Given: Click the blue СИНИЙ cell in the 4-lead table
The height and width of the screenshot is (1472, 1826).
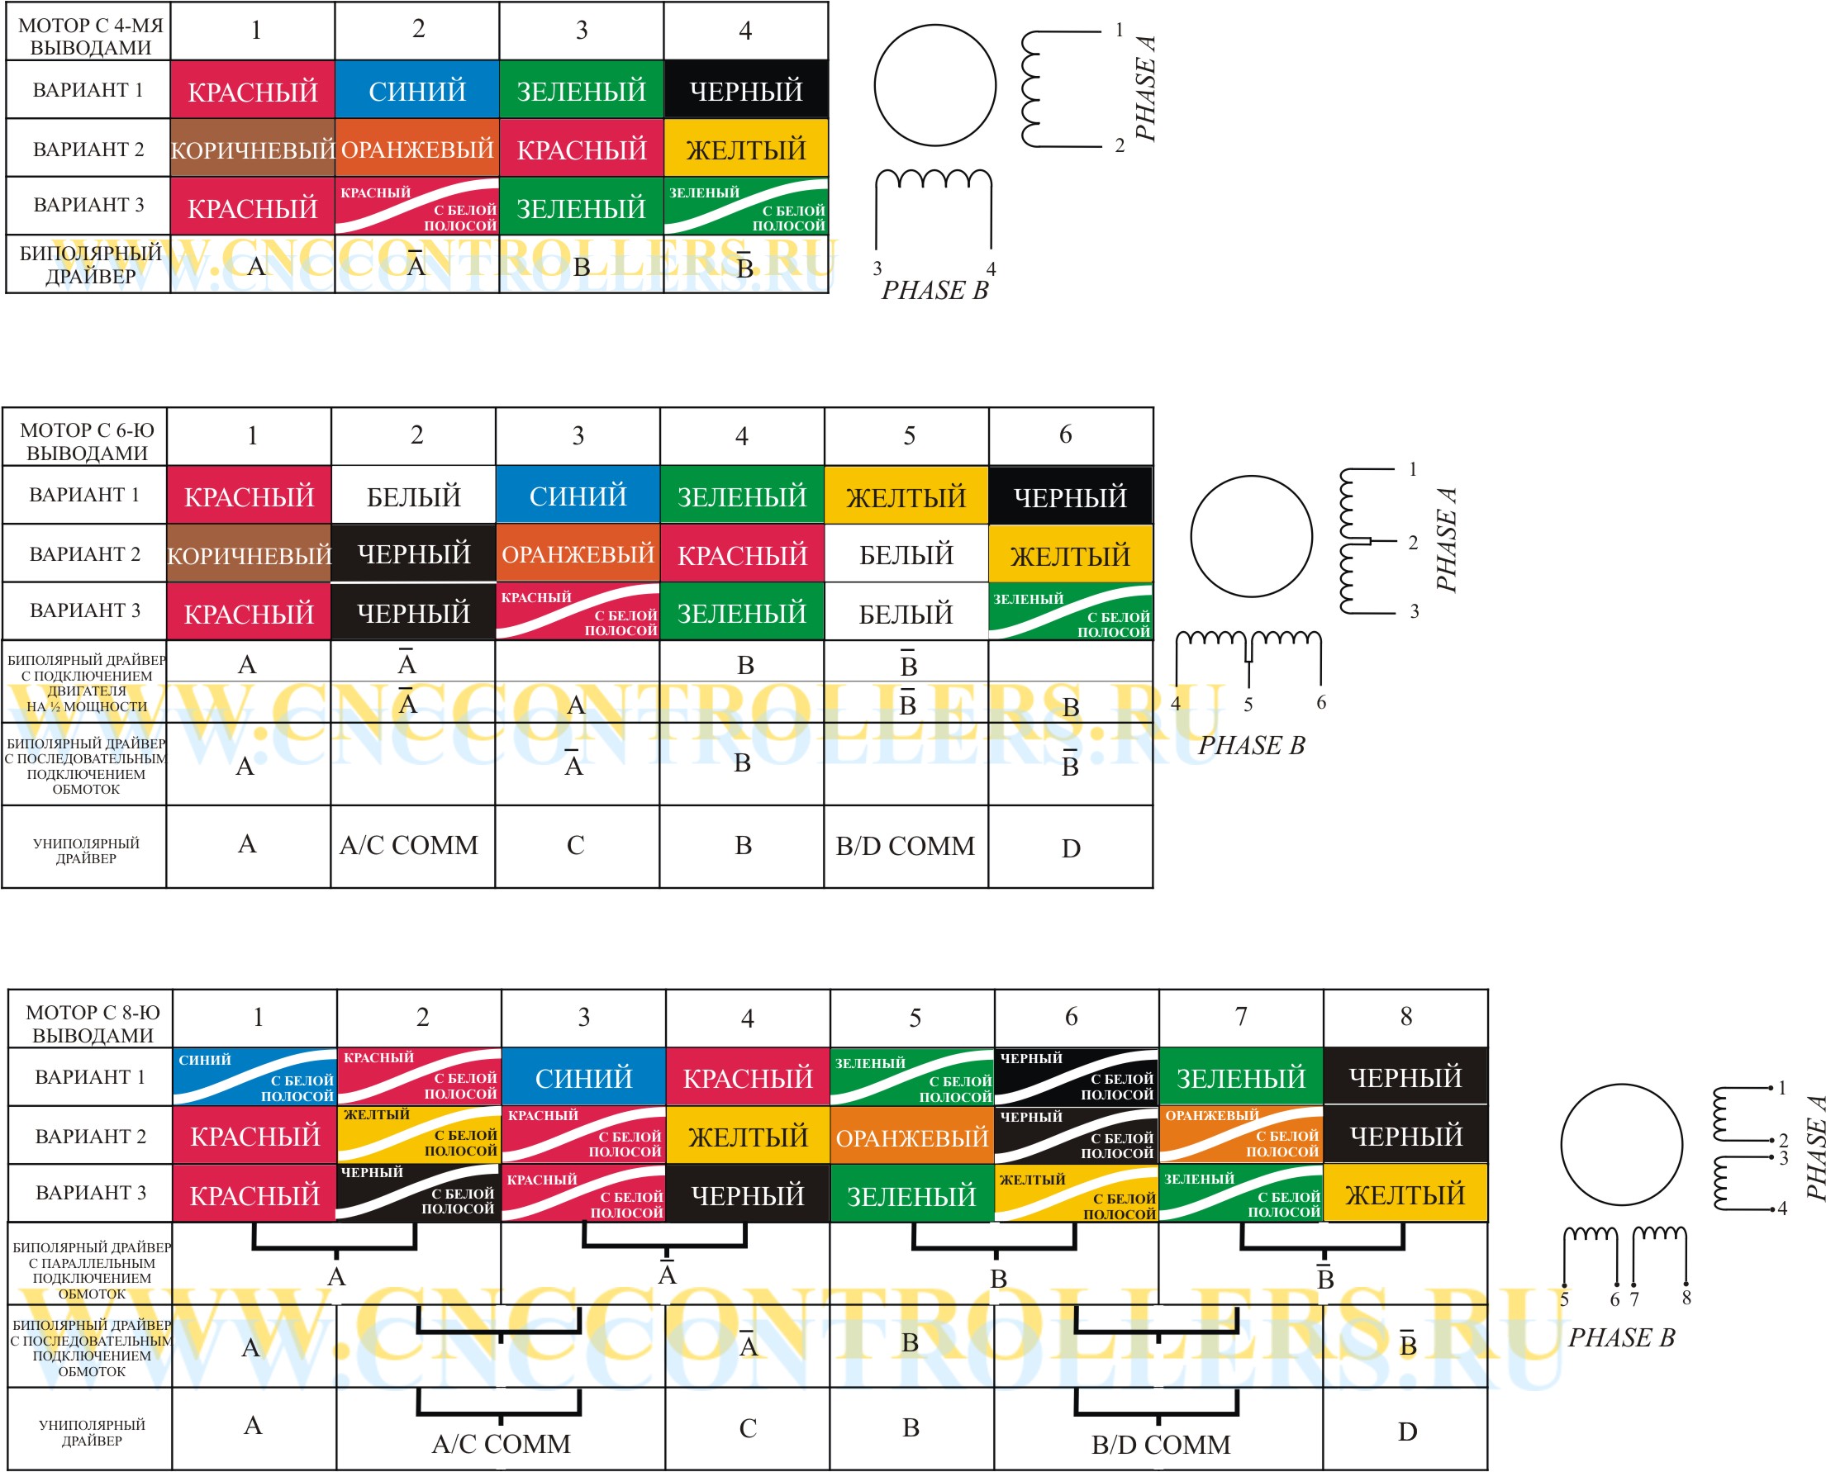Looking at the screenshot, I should [x=416, y=90].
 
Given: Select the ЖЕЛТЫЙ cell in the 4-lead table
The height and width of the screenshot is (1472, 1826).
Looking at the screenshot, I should [x=745, y=150].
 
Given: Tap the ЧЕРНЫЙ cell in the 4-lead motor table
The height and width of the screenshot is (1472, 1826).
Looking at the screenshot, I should [x=745, y=90].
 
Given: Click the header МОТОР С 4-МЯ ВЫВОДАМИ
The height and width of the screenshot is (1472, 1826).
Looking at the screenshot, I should [x=89, y=36].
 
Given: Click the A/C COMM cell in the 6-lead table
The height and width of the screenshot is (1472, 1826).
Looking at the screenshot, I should [x=409, y=845].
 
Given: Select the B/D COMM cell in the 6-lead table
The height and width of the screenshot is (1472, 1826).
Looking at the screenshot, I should [x=905, y=846].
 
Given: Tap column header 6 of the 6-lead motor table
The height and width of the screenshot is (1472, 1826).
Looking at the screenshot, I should [x=1065, y=435].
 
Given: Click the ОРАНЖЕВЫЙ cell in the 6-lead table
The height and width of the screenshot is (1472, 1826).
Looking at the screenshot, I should [x=578, y=553].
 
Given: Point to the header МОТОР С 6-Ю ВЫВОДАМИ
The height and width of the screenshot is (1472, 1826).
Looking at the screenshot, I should [x=87, y=441].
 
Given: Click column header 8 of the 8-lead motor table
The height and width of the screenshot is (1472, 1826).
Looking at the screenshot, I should [x=1405, y=1017].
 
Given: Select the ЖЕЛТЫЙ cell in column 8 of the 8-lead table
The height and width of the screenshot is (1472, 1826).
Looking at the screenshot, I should [x=1405, y=1194].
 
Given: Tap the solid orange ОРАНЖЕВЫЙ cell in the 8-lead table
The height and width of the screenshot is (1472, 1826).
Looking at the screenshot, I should [x=911, y=1137].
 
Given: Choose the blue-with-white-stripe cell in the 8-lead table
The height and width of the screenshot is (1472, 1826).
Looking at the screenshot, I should [x=254, y=1077].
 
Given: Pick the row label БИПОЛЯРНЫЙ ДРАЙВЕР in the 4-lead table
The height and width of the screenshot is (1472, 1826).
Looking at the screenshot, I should [x=89, y=264].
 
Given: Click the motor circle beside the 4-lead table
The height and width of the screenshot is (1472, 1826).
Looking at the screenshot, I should [x=934, y=85].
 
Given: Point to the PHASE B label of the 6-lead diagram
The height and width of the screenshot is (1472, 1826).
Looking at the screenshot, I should [x=1251, y=745].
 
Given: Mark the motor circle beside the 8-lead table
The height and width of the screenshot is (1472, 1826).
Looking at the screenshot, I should [x=1621, y=1145].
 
